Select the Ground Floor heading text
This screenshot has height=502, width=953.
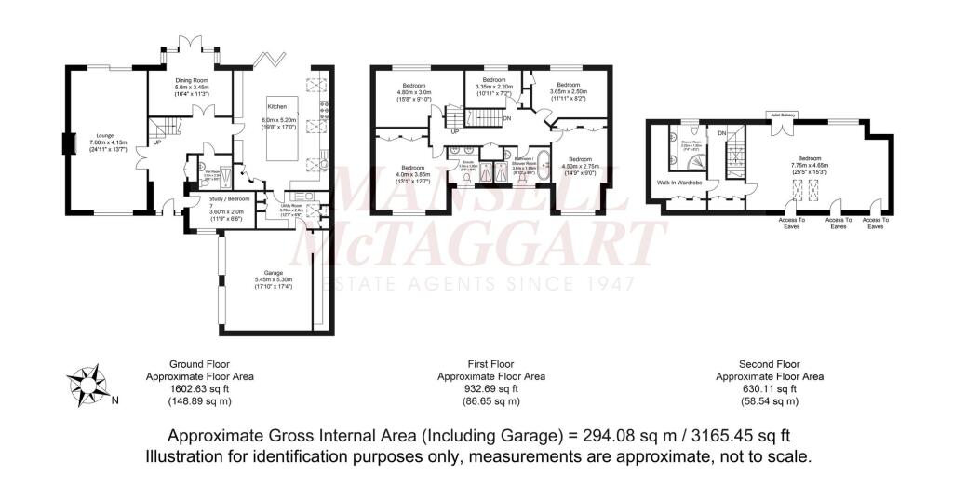coord(199,364)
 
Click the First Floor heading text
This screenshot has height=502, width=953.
coord(491,364)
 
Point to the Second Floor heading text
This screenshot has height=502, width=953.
coord(768,364)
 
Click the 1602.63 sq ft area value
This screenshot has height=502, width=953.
coord(199,388)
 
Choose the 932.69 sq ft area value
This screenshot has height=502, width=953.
coord(491,388)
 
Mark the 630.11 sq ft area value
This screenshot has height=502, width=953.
coord(768,388)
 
